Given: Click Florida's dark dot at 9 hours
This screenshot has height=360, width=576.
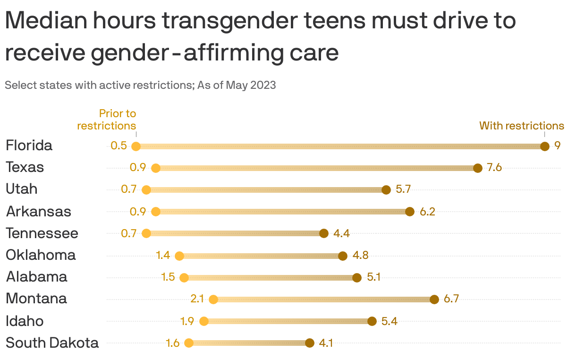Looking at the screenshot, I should (x=544, y=146).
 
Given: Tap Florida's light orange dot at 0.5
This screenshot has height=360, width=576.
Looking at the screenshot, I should (x=136, y=146).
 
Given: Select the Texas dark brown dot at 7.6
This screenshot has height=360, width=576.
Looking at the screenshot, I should (x=477, y=168).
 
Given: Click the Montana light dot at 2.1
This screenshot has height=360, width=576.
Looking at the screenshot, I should (x=213, y=299).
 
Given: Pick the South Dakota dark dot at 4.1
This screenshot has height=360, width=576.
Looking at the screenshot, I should (x=310, y=343).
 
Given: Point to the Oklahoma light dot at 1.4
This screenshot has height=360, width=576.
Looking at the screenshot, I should (x=179, y=256).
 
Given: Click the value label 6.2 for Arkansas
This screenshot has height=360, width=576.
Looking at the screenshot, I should (x=427, y=212).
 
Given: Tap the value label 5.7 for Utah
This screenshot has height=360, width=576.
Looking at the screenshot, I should (x=403, y=189).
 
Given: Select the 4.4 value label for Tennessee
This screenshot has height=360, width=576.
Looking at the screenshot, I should (x=341, y=233).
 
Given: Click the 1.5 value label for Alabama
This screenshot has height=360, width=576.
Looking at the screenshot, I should (x=168, y=277).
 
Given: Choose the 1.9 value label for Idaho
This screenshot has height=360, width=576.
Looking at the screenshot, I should (x=187, y=321).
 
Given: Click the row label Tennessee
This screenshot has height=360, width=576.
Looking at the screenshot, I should (x=42, y=233).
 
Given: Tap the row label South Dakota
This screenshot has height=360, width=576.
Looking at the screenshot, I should (x=52, y=343).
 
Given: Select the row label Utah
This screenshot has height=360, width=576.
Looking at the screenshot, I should (x=21, y=189).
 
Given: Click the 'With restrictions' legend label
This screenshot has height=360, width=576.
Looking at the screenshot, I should (x=522, y=126).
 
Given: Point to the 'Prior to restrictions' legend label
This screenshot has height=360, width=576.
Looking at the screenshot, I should (x=107, y=120).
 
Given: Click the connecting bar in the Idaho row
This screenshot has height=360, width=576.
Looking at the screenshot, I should (x=288, y=321).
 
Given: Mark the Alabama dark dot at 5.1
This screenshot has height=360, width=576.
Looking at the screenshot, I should (x=357, y=278).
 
